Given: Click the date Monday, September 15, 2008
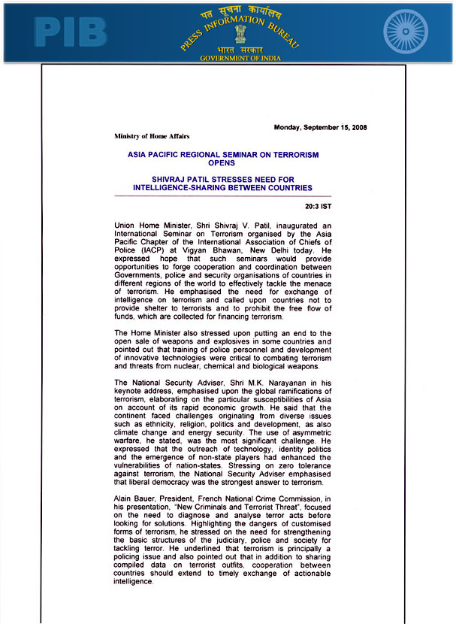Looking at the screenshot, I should (x=320, y=127).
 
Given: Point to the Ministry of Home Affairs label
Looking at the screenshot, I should (x=152, y=137).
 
